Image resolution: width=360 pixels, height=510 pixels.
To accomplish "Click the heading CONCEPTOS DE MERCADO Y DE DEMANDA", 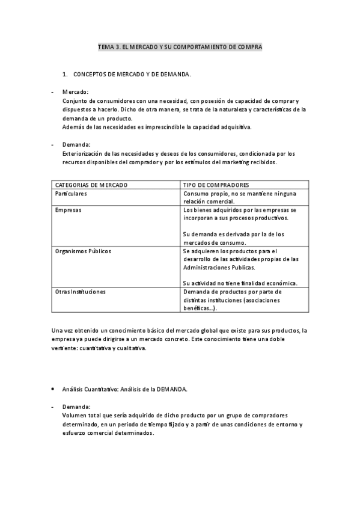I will point(132,75).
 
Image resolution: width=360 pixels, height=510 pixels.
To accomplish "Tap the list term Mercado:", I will point(75,92).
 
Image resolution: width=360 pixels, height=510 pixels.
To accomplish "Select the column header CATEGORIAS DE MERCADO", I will point(91,185).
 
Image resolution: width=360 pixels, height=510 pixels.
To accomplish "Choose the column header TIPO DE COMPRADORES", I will point(216,185).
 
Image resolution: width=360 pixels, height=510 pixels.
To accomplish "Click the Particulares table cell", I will point(71,194).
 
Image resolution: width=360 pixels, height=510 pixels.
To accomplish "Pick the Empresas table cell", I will point(69,210).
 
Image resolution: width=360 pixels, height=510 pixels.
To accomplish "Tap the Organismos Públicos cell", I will point(83,251).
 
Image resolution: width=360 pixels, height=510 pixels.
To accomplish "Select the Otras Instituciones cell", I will point(81,292).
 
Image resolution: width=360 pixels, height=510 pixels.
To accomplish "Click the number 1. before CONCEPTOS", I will point(65,75).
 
